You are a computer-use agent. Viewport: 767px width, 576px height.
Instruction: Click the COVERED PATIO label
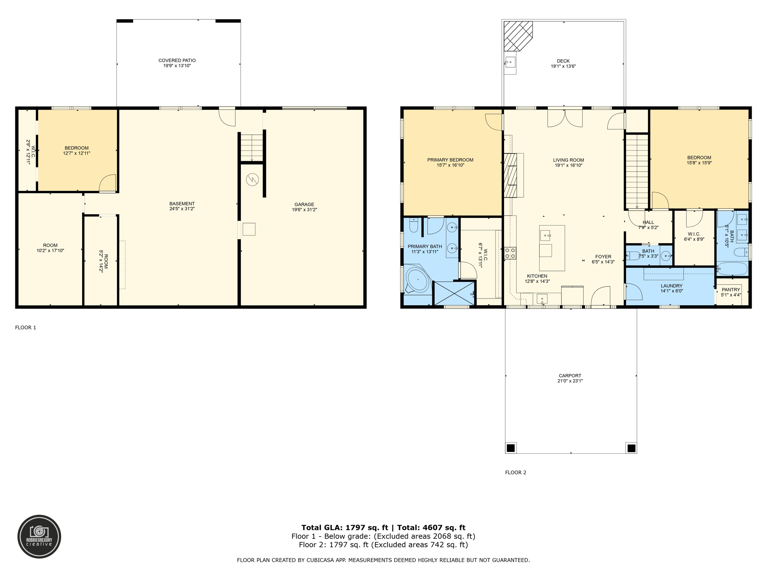(177, 60)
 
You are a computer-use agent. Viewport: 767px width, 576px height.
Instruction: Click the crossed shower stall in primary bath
(454, 293)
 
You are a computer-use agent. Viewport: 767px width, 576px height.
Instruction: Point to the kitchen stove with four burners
(510, 253)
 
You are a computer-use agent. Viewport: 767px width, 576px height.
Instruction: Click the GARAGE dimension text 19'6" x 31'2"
(304, 210)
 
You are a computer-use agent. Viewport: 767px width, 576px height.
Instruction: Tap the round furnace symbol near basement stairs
(252, 180)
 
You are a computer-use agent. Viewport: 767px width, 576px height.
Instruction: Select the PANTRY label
(731, 289)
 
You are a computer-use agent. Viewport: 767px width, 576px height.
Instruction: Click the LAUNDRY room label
(671, 286)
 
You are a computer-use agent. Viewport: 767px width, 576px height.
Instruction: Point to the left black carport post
(510, 448)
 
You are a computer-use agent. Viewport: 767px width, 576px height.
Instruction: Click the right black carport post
(631, 448)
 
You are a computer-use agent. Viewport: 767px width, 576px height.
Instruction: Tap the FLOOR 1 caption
(25, 327)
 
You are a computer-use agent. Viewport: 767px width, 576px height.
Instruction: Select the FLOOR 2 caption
(515, 472)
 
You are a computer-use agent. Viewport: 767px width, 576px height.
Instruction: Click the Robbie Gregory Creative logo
(39, 536)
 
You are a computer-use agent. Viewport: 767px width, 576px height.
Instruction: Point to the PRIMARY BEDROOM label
(450, 160)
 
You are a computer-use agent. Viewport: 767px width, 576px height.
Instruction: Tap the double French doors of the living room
(565, 117)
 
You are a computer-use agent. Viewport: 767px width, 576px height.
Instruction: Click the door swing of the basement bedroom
(107, 184)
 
